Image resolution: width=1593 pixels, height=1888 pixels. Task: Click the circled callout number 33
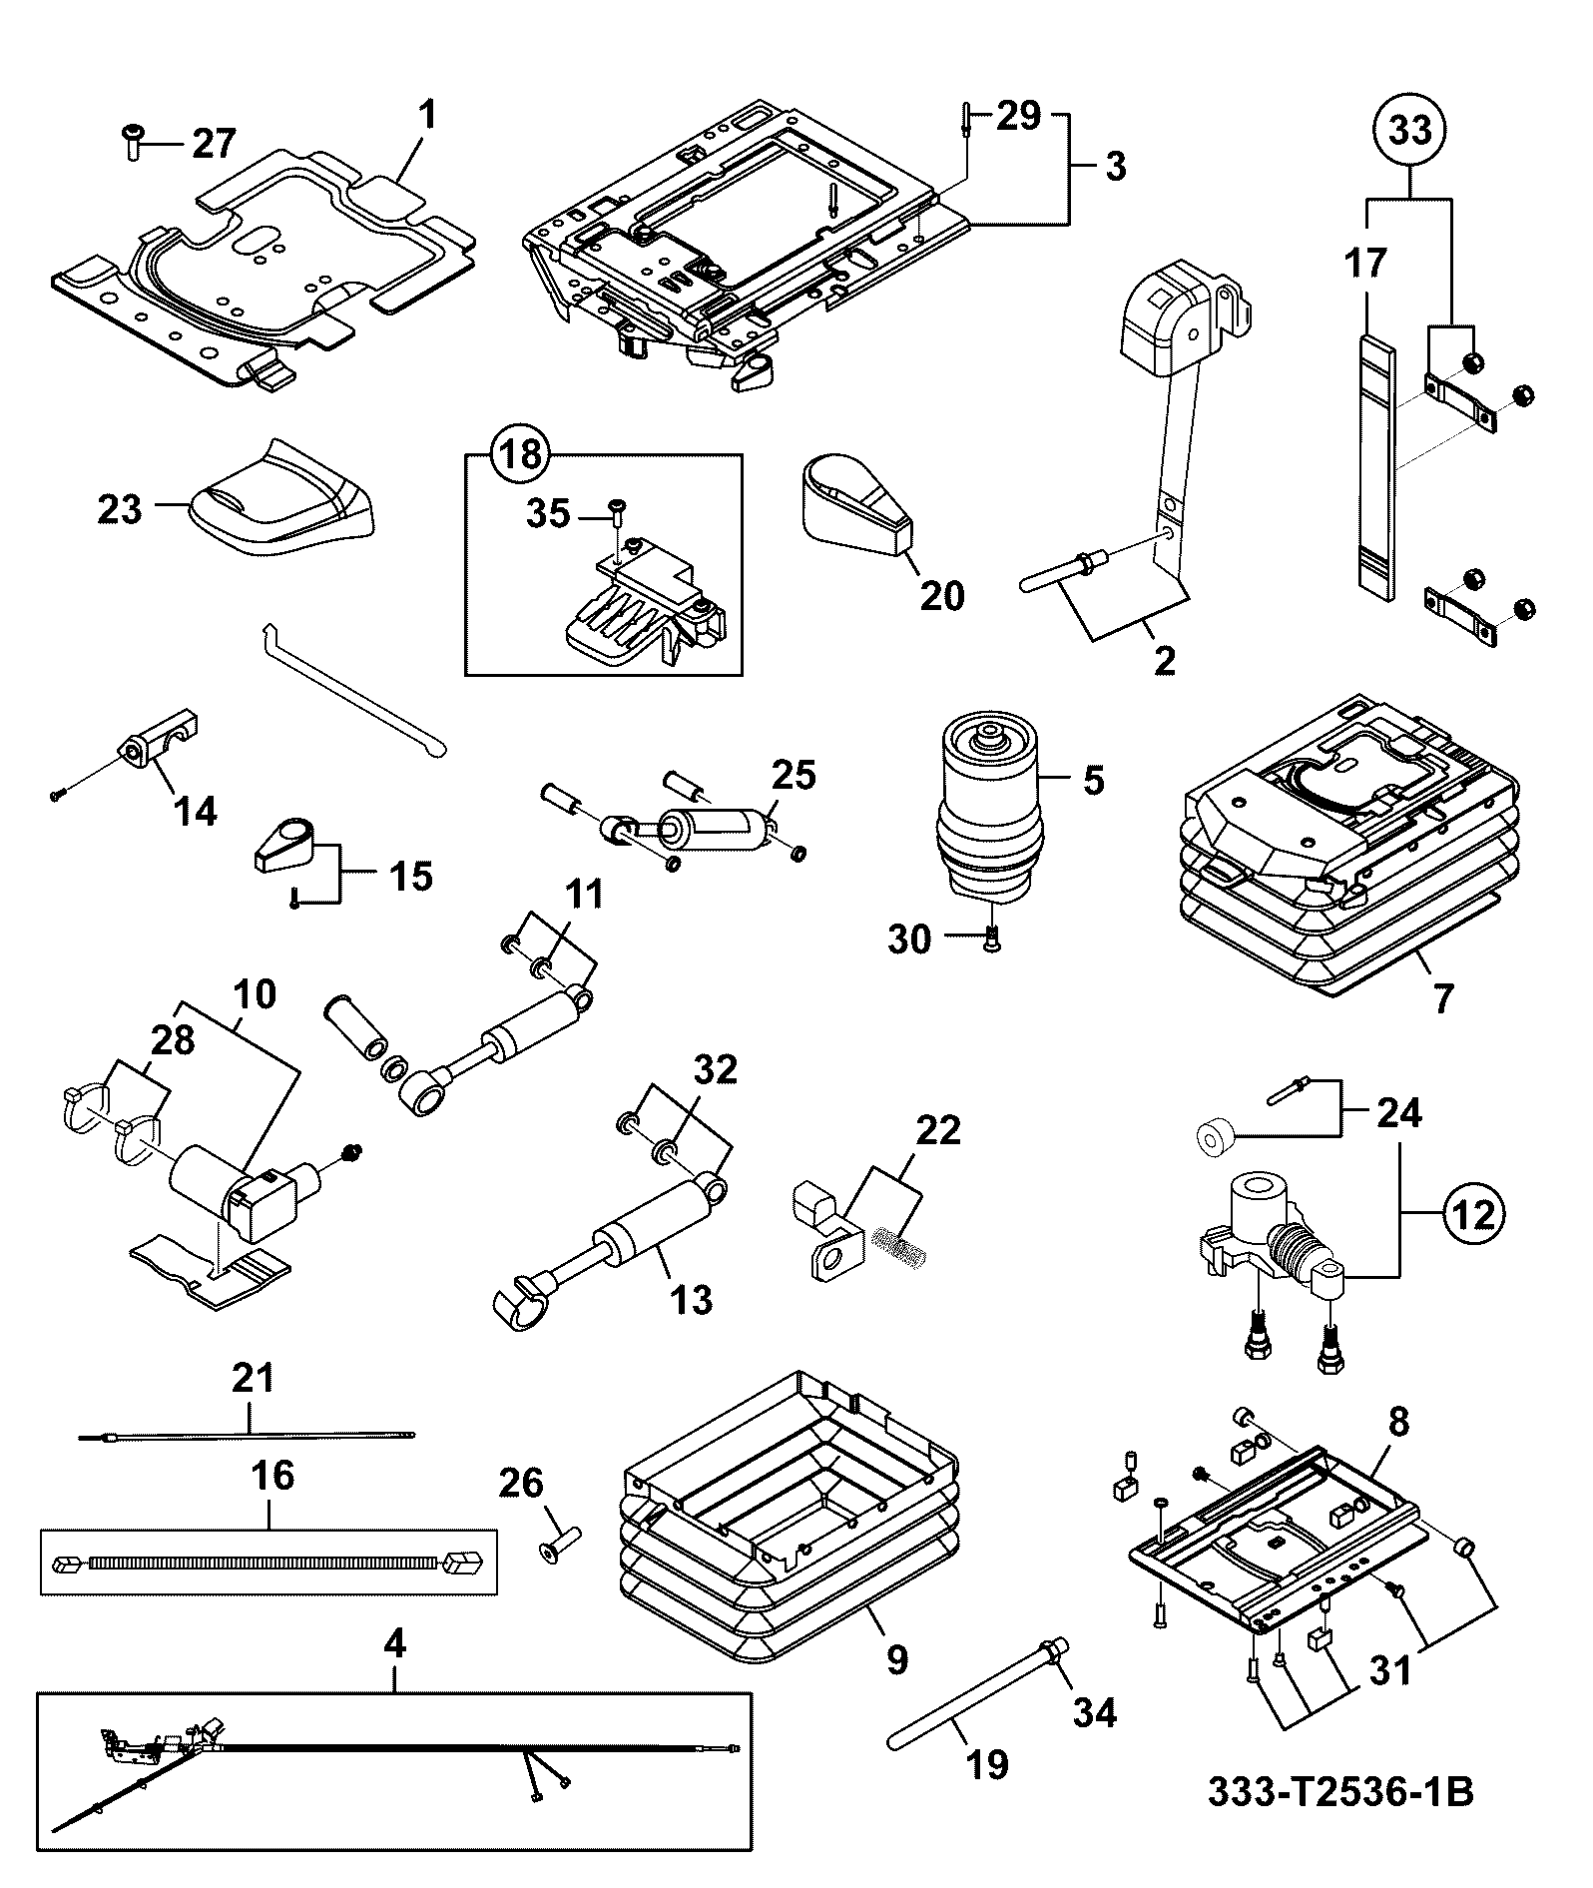coord(1411,131)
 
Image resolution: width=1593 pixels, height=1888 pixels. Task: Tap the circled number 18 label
coord(520,455)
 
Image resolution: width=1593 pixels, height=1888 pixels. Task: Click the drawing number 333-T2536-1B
coord(1339,1791)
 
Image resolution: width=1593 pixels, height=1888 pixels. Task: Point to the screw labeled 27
coord(133,143)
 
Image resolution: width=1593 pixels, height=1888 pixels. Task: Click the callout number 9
coord(897,1660)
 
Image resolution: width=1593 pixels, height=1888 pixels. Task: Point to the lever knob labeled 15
coord(284,842)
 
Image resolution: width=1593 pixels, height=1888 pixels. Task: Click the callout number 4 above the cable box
coord(395,1643)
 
